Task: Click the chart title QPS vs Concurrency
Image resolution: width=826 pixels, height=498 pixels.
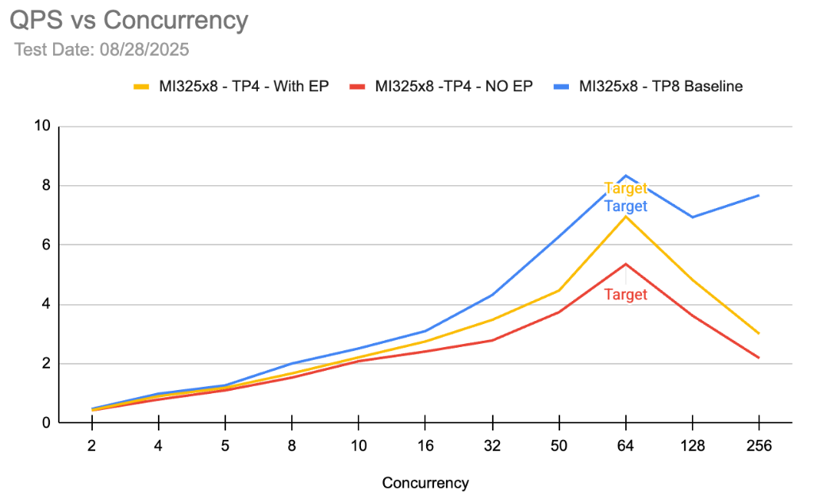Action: (x=129, y=21)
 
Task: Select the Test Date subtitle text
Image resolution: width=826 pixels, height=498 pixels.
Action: (x=102, y=49)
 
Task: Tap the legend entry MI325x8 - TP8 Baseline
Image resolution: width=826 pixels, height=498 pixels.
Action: (x=660, y=87)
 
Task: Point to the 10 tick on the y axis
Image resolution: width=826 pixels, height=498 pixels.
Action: (x=42, y=125)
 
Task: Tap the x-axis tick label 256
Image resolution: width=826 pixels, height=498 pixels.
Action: (x=759, y=446)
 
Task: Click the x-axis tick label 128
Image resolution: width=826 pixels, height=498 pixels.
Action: (x=692, y=446)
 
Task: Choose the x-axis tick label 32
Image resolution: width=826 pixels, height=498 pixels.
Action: (x=492, y=446)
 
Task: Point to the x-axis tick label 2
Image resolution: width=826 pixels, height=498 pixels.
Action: (x=92, y=446)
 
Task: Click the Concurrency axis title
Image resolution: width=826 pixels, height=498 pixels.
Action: (x=425, y=483)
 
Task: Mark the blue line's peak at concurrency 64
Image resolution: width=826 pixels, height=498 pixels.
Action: (x=625, y=175)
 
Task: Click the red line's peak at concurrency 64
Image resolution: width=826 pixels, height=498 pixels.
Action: (x=625, y=264)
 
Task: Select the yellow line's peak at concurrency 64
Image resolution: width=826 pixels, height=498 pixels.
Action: (x=625, y=216)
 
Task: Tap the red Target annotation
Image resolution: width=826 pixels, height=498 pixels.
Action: (x=625, y=295)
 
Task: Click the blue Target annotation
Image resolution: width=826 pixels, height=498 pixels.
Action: (x=625, y=207)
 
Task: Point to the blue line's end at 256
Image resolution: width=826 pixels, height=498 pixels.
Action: (x=759, y=195)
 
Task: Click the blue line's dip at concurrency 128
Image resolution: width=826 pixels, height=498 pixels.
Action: (x=692, y=217)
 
